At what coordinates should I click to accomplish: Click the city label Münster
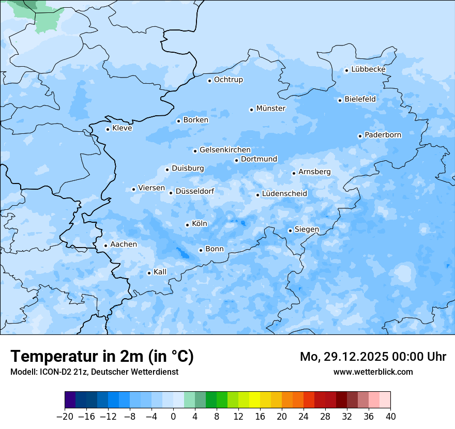(270, 109)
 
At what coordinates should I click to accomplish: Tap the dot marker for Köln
(187, 225)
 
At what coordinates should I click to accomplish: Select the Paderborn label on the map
(383, 135)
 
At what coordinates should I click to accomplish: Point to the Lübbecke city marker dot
(346, 70)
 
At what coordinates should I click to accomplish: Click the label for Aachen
(124, 244)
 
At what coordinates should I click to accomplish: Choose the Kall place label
(160, 272)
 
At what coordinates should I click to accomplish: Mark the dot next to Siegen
(290, 231)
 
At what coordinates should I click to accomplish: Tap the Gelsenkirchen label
(225, 150)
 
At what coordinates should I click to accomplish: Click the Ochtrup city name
(228, 80)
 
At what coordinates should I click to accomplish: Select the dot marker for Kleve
(108, 129)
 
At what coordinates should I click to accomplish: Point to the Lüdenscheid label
(284, 194)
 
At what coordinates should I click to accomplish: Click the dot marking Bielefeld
(340, 100)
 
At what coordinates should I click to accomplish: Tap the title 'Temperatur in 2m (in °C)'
(102, 357)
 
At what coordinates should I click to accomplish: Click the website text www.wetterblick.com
(373, 372)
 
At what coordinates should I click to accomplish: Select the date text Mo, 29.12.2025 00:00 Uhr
(373, 357)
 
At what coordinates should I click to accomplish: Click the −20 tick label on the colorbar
(65, 417)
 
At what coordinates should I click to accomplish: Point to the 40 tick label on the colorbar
(390, 417)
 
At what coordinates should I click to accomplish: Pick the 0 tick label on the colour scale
(173, 417)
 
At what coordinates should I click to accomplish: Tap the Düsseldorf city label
(194, 191)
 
